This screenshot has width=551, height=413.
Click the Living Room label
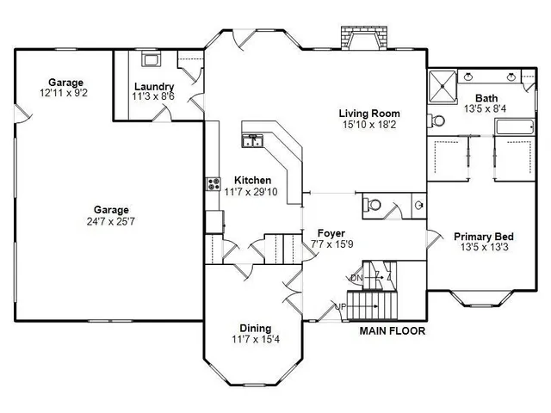(369, 114)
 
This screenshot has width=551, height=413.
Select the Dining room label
(255, 328)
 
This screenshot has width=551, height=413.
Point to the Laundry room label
(153, 86)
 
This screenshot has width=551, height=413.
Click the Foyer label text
(331, 232)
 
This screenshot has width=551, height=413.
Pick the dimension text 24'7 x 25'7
(111, 221)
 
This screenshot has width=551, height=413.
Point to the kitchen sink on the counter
(253, 141)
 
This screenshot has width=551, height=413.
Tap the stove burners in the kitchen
(213, 182)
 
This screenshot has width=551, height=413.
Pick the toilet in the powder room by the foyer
(372, 205)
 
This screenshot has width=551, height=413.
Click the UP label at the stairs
(339, 307)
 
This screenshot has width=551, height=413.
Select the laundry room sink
(152, 59)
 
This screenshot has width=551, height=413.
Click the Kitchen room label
(252, 181)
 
